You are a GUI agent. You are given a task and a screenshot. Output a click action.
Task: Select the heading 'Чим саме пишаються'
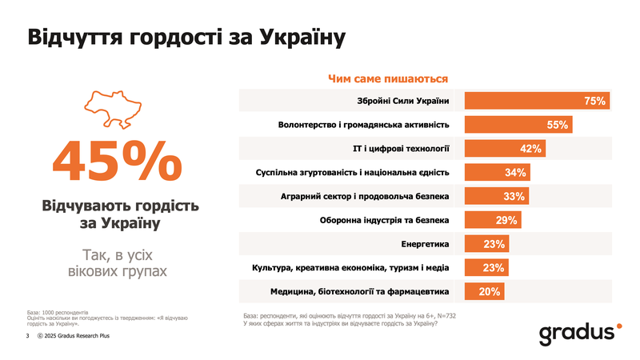[388, 78]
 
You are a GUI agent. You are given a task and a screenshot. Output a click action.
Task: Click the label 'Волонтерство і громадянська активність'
[363, 125]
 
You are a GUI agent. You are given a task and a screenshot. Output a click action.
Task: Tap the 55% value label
[558, 125]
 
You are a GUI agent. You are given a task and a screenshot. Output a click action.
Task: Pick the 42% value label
[531, 149]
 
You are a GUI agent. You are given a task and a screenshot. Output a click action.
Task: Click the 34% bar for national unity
[498, 172]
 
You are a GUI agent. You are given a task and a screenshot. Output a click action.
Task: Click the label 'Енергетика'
[425, 243]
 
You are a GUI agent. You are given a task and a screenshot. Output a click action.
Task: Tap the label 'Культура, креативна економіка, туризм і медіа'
[350, 267]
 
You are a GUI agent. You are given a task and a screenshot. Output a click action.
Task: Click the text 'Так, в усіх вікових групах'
[118, 263]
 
